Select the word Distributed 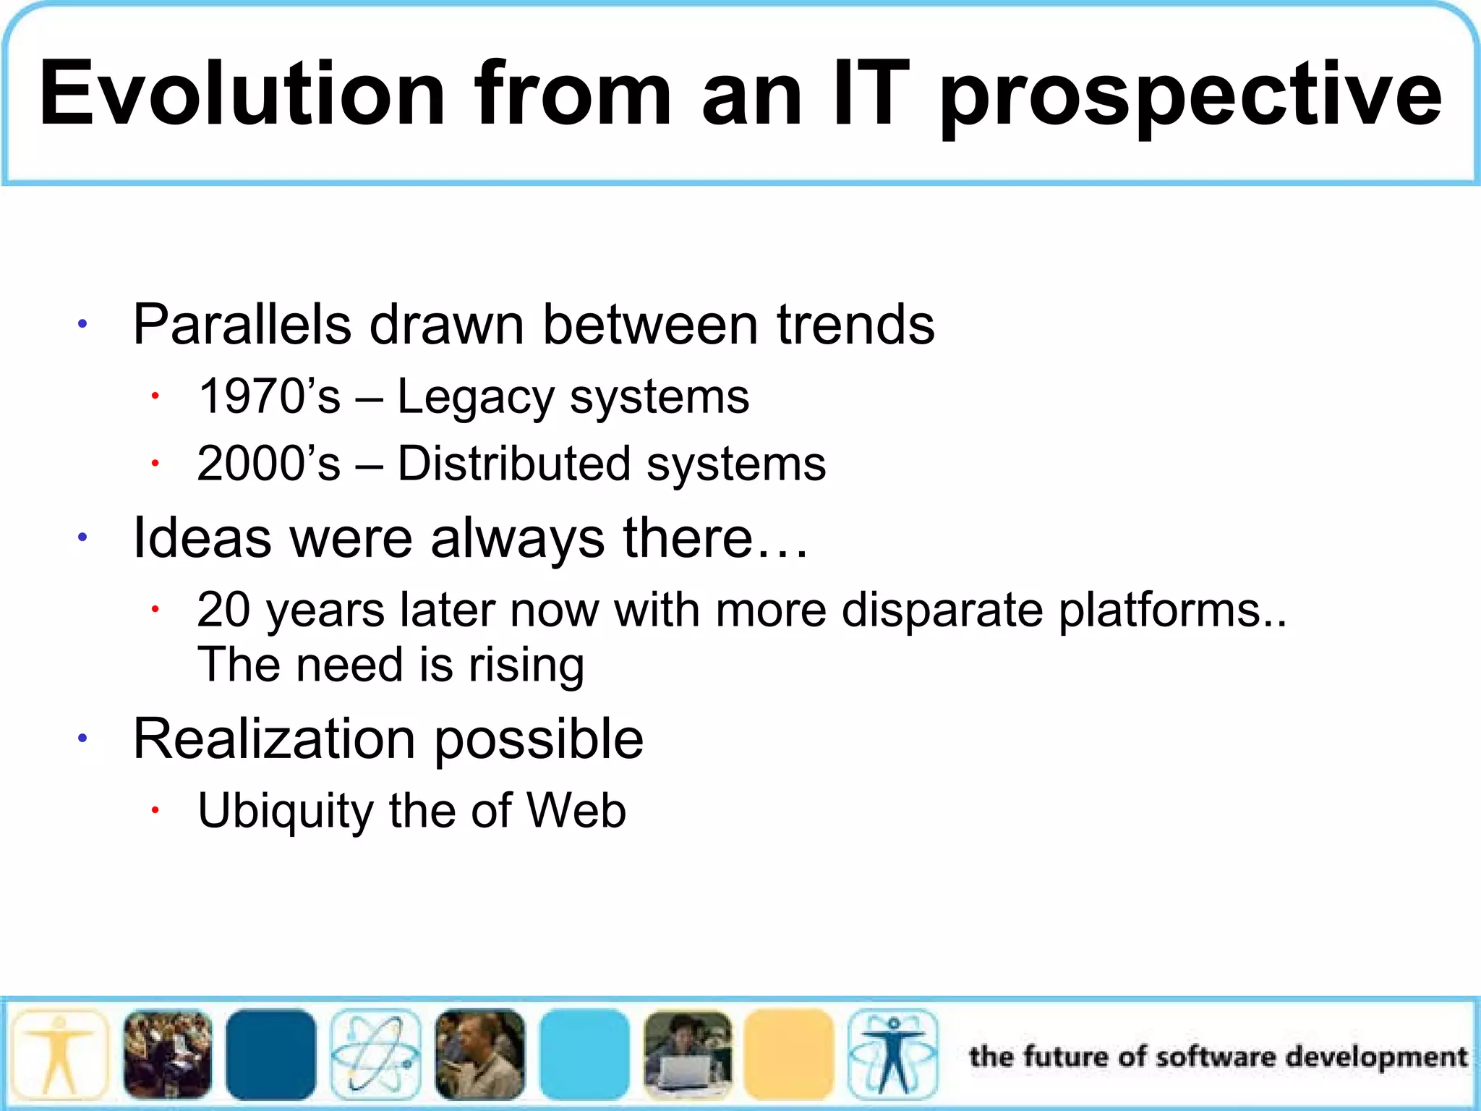pos(513,464)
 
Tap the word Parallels pos(242,325)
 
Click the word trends pos(855,325)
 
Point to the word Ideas pos(202,538)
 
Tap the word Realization pos(274,739)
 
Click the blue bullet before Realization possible pos(83,738)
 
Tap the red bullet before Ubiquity pos(155,810)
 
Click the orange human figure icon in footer pos(61,1055)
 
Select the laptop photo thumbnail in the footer pos(688,1055)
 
